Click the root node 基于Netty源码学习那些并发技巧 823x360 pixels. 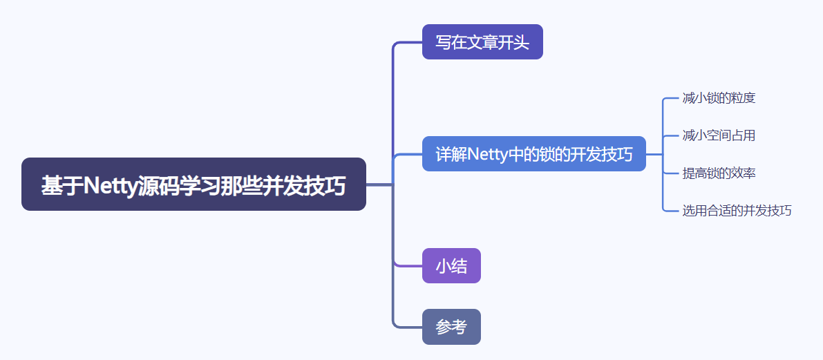[193, 184]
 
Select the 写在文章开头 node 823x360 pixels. [482, 42]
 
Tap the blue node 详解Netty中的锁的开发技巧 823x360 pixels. [533, 154]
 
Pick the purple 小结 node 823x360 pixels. [451, 266]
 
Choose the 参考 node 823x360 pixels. [451, 327]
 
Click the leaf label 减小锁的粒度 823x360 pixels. [719, 98]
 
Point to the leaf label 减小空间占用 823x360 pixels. [719, 135]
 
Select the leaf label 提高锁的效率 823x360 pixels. [719, 173]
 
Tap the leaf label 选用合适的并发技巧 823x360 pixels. [737, 211]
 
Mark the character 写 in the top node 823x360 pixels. [443, 42]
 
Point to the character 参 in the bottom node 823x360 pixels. [443, 327]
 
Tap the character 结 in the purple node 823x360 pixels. [460, 266]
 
